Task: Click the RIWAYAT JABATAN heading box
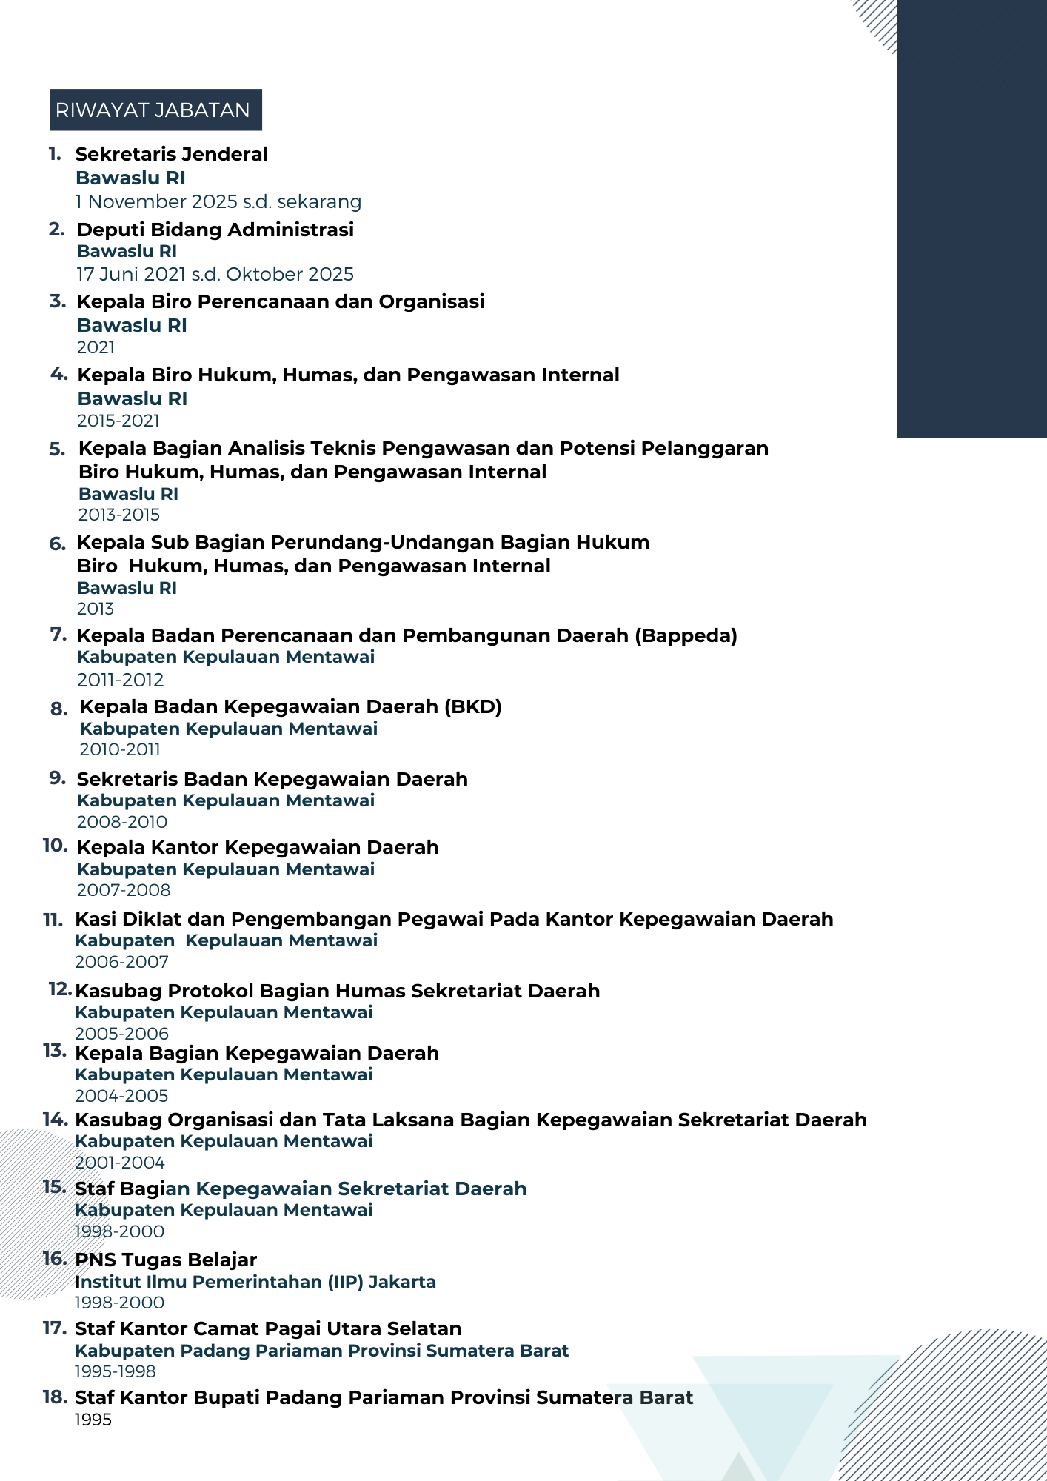(155, 110)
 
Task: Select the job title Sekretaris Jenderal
(172, 154)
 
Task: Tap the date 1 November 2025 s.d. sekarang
(218, 201)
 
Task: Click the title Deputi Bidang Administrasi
(215, 230)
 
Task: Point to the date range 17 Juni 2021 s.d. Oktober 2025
(215, 274)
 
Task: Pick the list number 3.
(58, 301)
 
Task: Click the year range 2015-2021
(118, 421)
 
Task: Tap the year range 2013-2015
(119, 515)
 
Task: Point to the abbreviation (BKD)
(473, 706)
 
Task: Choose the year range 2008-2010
(122, 822)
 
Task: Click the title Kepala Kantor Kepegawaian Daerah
(258, 847)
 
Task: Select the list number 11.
(53, 920)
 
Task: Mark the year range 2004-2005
(121, 1096)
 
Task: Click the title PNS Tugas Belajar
(166, 1260)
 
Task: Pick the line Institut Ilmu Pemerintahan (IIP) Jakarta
(255, 1282)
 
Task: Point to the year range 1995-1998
(115, 1371)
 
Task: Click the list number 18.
(56, 1397)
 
